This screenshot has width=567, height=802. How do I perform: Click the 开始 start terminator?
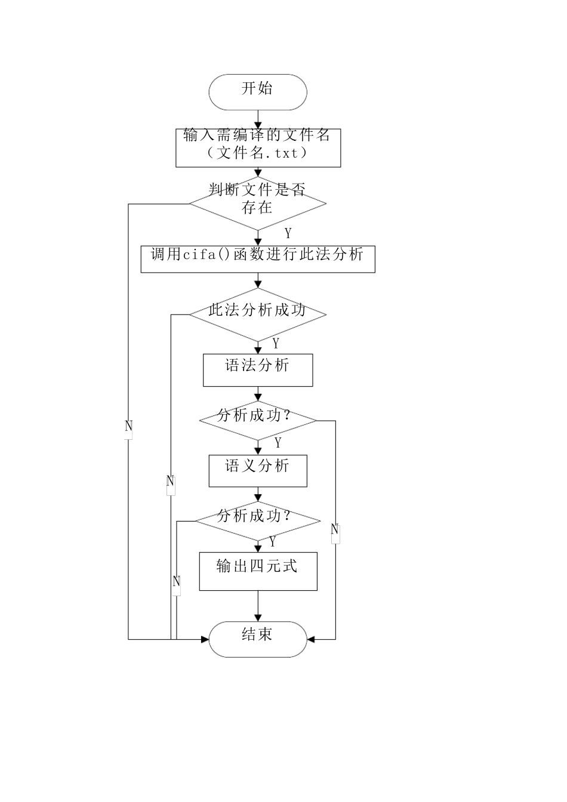(x=257, y=91)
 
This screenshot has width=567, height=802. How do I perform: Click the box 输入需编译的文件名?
(x=258, y=147)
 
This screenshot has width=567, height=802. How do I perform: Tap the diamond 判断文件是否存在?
(x=258, y=203)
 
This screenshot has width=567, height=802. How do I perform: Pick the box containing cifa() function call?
(x=258, y=258)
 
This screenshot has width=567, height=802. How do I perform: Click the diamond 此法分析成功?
(x=258, y=314)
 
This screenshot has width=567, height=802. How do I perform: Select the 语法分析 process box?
(x=258, y=370)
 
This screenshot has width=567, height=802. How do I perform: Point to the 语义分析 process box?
(x=258, y=471)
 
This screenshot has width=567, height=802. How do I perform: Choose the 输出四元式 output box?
(x=258, y=571)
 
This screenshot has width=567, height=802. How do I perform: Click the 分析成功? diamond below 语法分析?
(x=258, y=420)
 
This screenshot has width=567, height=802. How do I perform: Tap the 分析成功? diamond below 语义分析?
(x=258, y=521)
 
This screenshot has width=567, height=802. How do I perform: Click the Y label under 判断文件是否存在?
(x=288, y=233)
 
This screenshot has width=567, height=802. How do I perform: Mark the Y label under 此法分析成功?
(x=276, y=344)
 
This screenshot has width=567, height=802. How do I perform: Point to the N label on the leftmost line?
(x=128, y=427)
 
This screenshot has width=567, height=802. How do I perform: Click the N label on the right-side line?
(x=335, y=530)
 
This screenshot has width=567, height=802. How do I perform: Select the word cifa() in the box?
(x=204, y=255)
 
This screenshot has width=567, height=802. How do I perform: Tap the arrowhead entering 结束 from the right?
(x=311, y=640)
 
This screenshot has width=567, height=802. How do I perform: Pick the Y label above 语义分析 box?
(x=278, y=443)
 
